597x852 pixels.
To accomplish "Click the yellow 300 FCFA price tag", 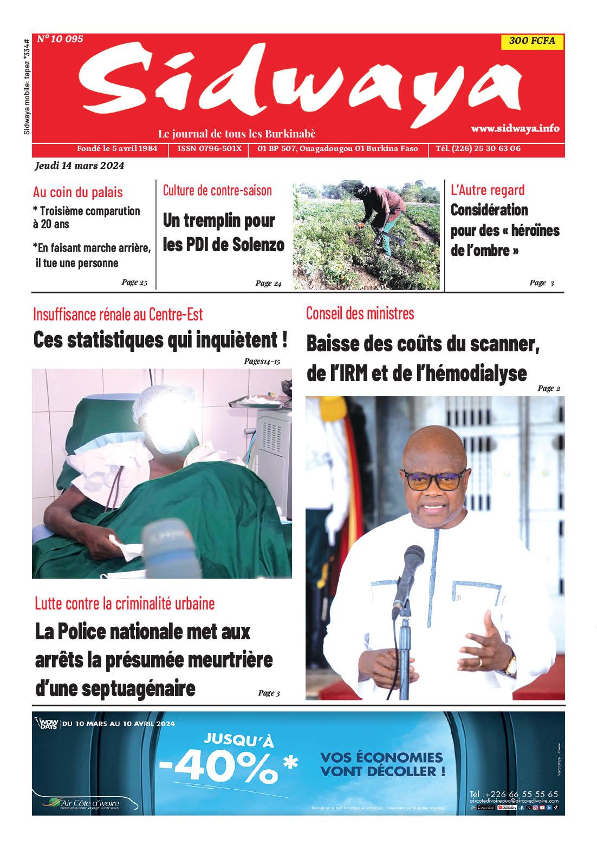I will click(x=532, y=41).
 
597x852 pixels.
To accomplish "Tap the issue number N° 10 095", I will click(x=60, y=39).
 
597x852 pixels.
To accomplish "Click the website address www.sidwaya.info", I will click(x=515, y=128).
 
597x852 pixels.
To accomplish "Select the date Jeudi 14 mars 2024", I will click(x=80, y=166).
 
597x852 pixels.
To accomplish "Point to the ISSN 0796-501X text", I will click(x=210, y=148).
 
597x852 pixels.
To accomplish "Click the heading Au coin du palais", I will click(x=78, y=192).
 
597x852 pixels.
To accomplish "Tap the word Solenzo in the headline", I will click(x=258, y=245).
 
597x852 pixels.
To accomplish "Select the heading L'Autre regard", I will click(x=488, y=190).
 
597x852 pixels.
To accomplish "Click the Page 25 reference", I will click(x=134, y=282).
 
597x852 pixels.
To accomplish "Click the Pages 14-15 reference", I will click(x=262, y=361).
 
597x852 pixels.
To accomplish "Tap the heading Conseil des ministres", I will click(x=360, y=313).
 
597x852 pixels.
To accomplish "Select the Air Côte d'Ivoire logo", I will click(x=84, y=803).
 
